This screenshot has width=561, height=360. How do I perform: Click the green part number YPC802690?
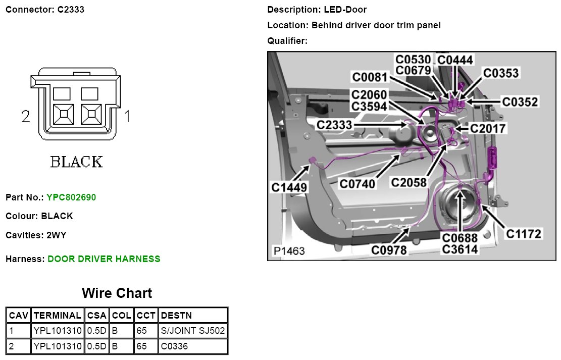[71, 197]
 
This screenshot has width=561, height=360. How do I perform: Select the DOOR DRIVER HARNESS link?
[104, 259]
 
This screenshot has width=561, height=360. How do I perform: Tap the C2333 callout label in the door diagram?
[335, 125]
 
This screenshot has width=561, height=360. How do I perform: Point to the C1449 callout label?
[289, 188]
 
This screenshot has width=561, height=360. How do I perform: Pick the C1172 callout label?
[524, 234]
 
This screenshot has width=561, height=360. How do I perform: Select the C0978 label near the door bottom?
[389, 250]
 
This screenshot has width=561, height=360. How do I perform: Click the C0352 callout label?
[520, 102]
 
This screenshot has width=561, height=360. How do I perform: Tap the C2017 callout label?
[488, 128]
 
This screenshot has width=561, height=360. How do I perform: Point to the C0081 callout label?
[370, 77]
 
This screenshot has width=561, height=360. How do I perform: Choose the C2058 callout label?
[409, 182]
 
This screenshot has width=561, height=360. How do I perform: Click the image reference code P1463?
[289, 251]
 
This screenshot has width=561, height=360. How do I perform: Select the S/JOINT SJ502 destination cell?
[192, 331]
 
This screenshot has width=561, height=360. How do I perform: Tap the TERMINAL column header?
[57, 316]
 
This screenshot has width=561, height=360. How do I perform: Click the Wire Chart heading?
[117, 293]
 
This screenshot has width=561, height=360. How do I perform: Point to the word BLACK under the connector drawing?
[77, 162]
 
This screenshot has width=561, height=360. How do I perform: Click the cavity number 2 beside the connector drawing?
[26, 117]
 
